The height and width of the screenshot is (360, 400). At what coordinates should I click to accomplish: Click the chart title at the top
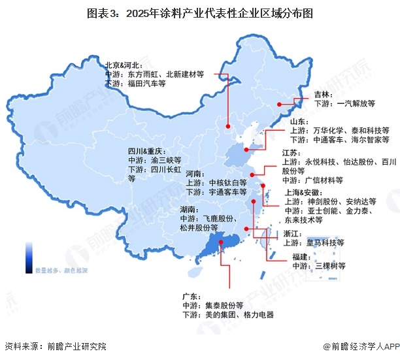pyautogui.click(x=200, y=11)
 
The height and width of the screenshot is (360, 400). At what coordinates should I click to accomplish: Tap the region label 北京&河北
pyautogui.click(x=125, y=65)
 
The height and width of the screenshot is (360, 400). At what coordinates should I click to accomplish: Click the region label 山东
pyautogui.click(x=299, y=122)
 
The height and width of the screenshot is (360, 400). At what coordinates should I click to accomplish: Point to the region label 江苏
pyautogui.click(x=291, y=152)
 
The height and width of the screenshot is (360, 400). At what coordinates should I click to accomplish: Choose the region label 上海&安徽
pyautogui.click(x=303, y=193)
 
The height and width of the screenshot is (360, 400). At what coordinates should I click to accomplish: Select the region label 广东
pyautogui.click(x=193, y=296)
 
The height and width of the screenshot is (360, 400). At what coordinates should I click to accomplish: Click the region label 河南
pyautogui.click(x=194, y=174)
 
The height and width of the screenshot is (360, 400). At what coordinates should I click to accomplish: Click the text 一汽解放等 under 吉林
pyautogui.click(x=344, y=103)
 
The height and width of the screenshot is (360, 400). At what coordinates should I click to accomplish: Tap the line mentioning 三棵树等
pyautogui.click(x=319, y=266)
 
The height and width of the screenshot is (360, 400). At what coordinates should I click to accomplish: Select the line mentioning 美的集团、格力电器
pyautogui.click(x=228, y=315)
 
